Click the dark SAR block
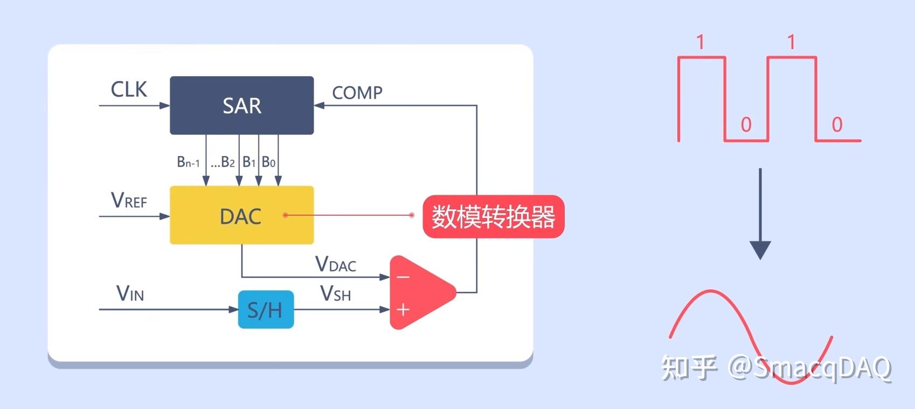pyautogui.click(x=241, y=105)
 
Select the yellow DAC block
pyautogui.click(x=241, y=215)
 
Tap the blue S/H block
pyautogui.click(x=266, y=310)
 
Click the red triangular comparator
pyautogui.click(x=420, y=293)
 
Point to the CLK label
pyautogui.click(x=129, y=90)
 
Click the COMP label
pyautogui.click(x=357, y=93)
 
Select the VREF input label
pyautogui.click(x=129, y=201)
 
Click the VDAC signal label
pyautogui.click(x=335, y=264)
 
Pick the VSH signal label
pyautogui.click(x=335, y=294)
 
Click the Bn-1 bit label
pyautogui.click(x=188, y=162)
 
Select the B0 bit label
pyautogui.click(x=268, y=162)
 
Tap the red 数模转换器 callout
pyautogui.click(x=493, y=217)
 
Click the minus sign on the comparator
pyautogui.click(x=403, y=277)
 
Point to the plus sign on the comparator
pyautogui.click(x=403, y=310)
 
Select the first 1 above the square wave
pyautogui.click(x=700, y=42)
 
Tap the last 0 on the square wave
pyautogui.click(x=837, y=125)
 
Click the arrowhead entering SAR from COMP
pyautogui.click(x=318, y=105)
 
